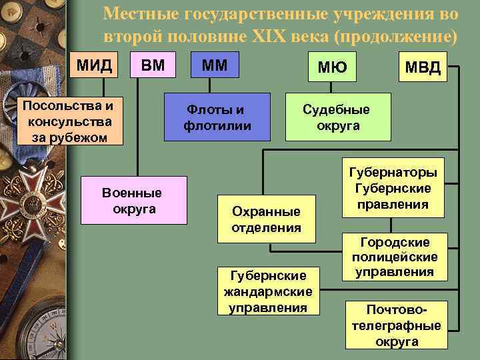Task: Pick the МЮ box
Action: click(332, 67)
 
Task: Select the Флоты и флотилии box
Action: click(218, 117)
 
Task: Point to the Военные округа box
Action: click(133, 200)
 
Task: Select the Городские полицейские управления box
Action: click(393, 257)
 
